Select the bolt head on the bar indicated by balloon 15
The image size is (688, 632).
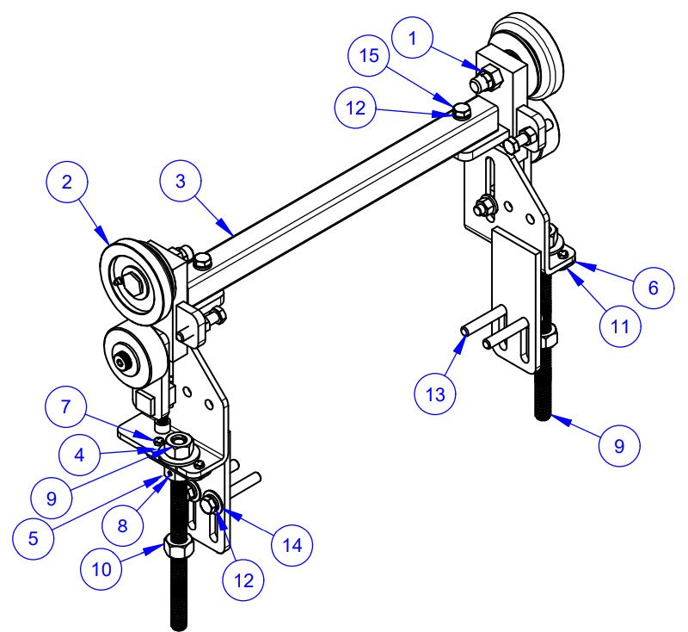462,109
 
